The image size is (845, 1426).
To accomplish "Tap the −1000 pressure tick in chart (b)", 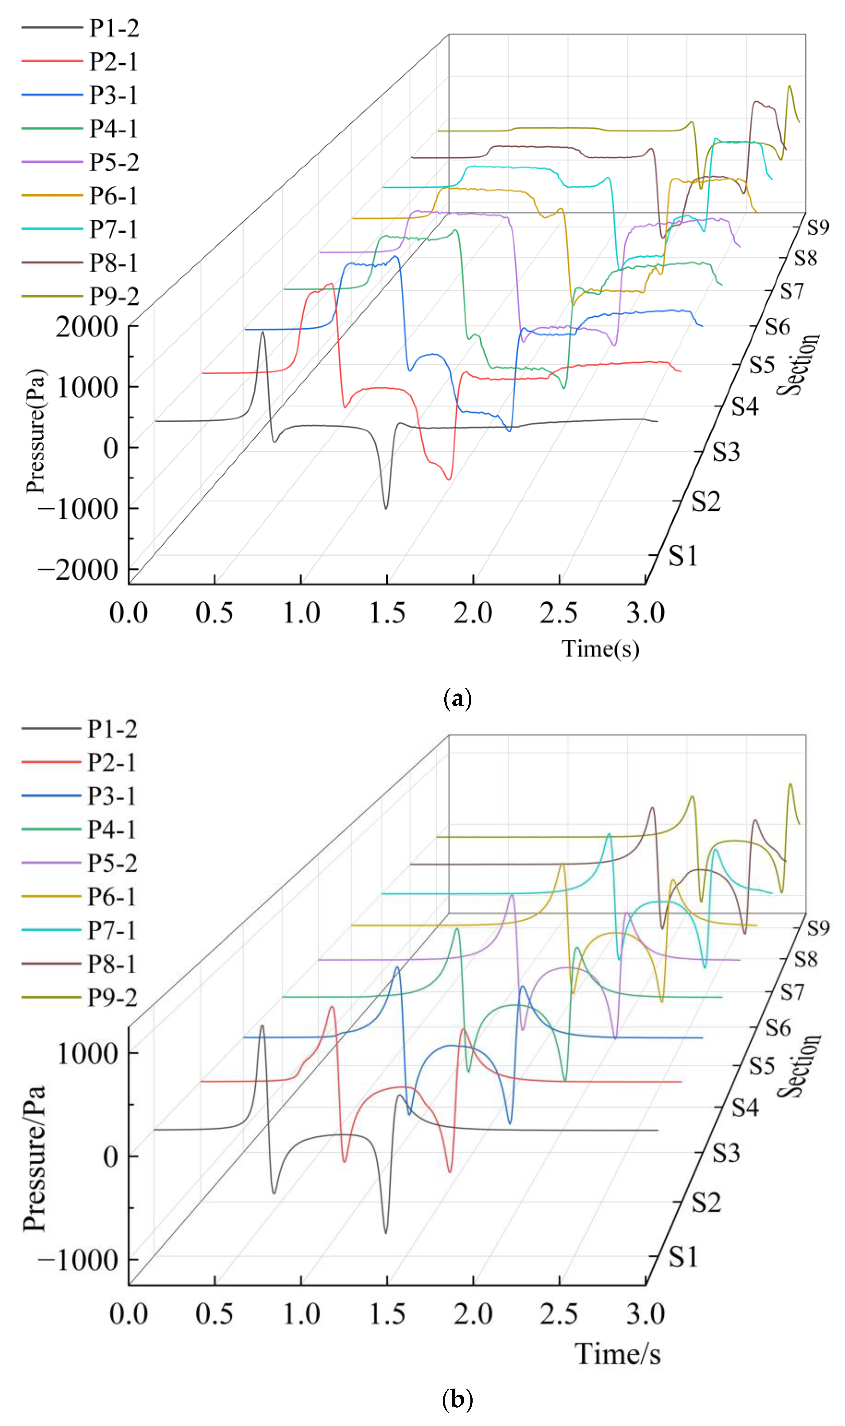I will click(x=78, y=1260).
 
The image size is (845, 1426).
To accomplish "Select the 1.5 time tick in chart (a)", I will click(x=387, y=613).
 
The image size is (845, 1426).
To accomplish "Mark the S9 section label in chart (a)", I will click(x=818, y=228).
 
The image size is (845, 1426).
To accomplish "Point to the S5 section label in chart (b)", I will click(x=761, y=1065).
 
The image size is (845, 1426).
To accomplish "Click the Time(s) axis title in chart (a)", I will click(x=601, y=648).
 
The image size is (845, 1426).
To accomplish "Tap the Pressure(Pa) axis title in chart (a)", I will click(x=35, y=431).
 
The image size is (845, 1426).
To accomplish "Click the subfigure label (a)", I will click(x=457, y=698).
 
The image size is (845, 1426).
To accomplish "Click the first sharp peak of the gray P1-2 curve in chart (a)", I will click(x=262, y=332).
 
